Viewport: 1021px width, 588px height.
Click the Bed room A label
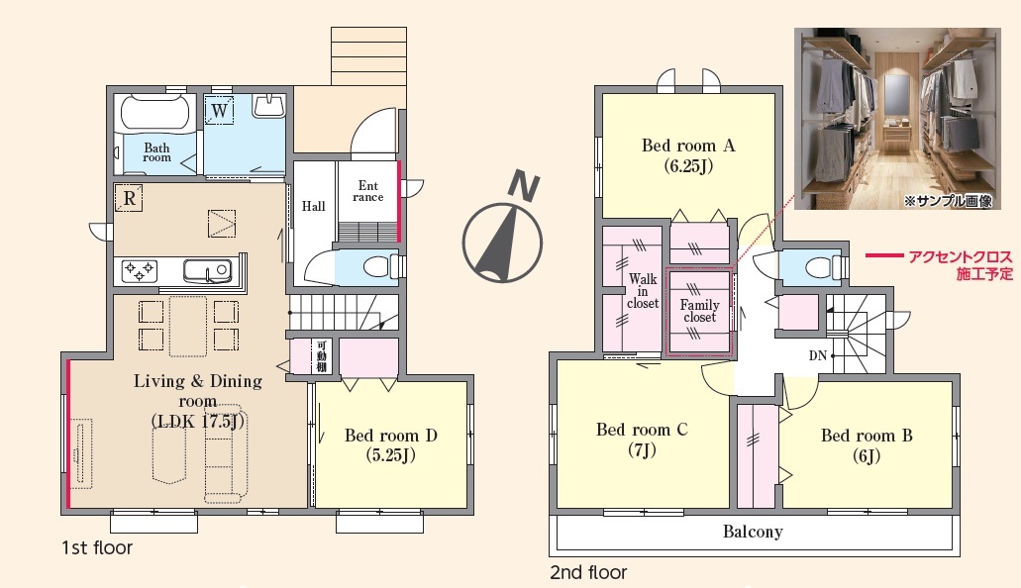688,155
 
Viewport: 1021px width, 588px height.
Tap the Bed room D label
391,444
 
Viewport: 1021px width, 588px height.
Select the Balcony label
753,532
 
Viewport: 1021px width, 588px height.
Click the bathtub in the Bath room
154,113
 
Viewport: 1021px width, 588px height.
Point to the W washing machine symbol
220,110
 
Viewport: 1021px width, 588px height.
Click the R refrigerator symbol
129,198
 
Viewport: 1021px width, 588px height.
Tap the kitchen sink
207,270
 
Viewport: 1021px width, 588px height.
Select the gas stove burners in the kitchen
140,271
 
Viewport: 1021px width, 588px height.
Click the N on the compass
524,185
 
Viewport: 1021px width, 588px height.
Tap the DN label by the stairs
818,355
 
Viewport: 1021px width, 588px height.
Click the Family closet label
700,311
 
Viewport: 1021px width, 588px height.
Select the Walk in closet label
643,291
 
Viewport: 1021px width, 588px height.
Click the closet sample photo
897,119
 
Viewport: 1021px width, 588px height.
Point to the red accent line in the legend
883,256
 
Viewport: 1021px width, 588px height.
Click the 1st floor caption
97,547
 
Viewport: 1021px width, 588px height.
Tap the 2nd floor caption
588,572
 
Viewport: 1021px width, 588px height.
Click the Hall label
313,207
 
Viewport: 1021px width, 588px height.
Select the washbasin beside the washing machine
269,106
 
